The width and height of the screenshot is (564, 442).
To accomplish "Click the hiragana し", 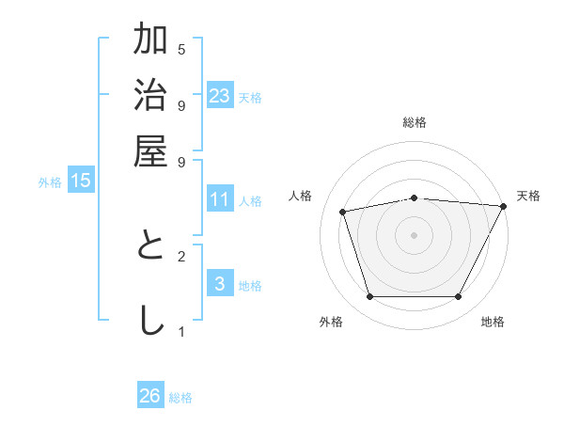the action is (x=150, y=320).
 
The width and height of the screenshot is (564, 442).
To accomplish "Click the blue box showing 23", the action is (x=219, y=96).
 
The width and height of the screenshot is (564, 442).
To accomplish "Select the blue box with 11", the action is (x=219, y=199).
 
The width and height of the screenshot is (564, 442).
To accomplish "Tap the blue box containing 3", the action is (x=219, y=285).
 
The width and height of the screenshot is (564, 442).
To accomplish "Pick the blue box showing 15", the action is (x=80, y=182).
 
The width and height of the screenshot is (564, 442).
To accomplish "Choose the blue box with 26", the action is (x=149, y=396).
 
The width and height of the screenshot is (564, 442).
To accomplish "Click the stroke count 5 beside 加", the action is (x=181, y=49).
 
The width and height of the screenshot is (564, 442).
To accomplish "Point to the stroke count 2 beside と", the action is (x=181, y=256).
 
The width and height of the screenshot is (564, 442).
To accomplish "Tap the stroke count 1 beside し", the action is (x=181, y=331).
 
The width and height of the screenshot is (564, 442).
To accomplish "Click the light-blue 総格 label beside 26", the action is (x=180, y=398).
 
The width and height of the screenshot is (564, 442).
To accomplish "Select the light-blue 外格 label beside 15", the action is (x=50, y=182).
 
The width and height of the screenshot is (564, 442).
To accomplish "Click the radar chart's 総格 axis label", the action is (x=414, y=123).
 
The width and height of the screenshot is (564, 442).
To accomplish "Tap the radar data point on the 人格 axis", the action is (x=343, y=212).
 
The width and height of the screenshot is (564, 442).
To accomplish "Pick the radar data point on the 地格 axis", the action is (x=458, y=296).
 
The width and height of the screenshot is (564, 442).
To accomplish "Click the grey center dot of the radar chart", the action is (x=414, y=234).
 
